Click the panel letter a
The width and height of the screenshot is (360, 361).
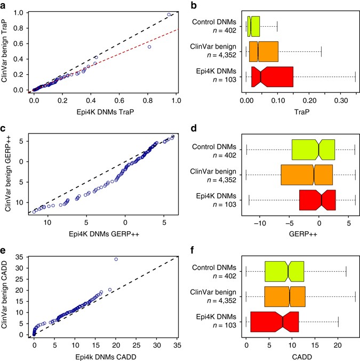click(4, 5)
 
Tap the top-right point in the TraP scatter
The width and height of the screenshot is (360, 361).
click(169, 14)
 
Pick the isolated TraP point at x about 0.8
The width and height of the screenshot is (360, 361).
click(149, 47)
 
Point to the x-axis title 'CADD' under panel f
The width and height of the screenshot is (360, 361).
click(300, 356)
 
